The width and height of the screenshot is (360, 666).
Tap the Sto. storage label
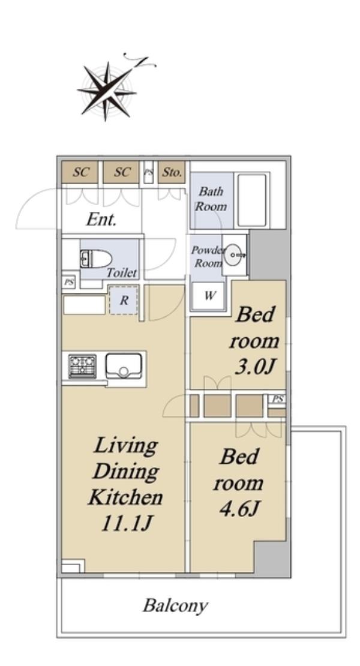(172, 172)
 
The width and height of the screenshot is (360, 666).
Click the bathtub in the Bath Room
(252, 200)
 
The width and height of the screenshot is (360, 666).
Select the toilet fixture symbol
(95, 259)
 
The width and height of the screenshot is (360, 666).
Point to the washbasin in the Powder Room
(235, 255)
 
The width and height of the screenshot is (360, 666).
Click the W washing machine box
(208, 296)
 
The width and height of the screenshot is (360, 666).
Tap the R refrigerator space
(124, 300)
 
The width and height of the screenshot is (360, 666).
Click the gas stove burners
(82, 366)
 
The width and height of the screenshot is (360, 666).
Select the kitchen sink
(123, 366)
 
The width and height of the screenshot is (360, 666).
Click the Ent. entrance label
(101, 220)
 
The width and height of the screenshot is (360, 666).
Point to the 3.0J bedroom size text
(253, 367)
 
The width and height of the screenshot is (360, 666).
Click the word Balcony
(175, 605)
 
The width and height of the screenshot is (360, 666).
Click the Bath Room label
(211, 199)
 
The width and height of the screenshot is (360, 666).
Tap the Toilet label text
(121, 272)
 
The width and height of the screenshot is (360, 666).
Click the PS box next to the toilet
(68, 281)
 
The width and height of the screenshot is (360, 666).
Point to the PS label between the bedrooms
(278, 399)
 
